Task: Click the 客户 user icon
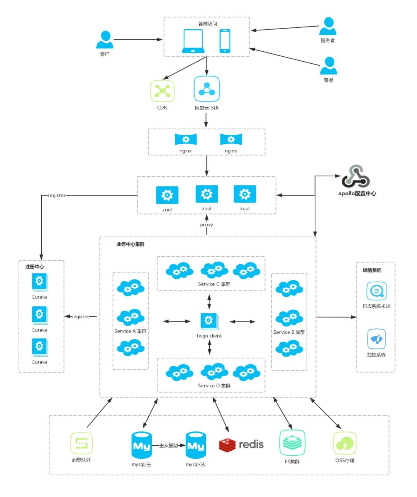point(105,40)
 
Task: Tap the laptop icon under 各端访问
point(193,41)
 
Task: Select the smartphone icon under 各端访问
point(225,41)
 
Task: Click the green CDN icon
point(162,91)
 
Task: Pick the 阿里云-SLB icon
point(207,89)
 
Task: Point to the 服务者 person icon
point(328,27)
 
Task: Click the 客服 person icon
point(329,66)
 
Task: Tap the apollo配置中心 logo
point(356,176)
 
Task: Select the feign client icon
point(209,321)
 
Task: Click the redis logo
point(241,445)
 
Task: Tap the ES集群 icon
point(292,443)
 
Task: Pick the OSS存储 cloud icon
point(344,443)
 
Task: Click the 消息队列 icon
point(81,443)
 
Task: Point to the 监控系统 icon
point(376,340)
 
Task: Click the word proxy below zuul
point(207,225)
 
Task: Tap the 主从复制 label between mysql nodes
point(169,445)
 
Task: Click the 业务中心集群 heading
point(131,244)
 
